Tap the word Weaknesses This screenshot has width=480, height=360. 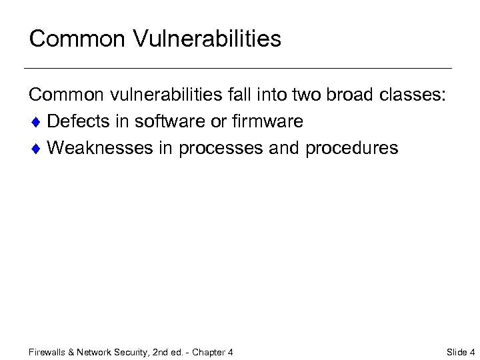click(x=100, y=147)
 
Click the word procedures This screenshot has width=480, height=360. click(x=351, y=148)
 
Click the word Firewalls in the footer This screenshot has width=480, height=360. click(x=47, y=352)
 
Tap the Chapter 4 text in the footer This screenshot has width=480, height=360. click(x=213, y=352)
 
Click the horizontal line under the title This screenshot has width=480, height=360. click(x=237, y=68)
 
